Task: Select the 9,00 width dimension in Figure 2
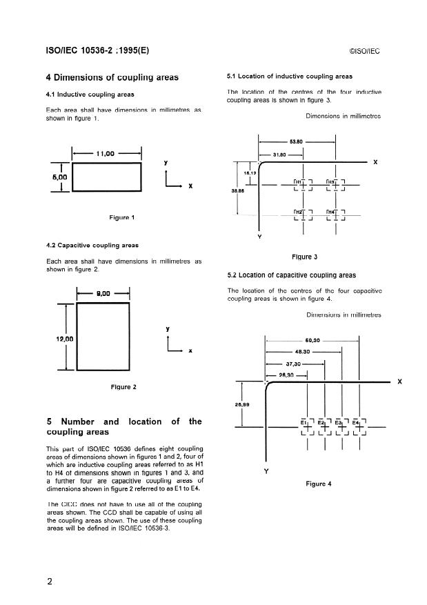coord(104,293)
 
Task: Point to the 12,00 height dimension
coord(64,339)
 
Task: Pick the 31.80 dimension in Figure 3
coord(281,155)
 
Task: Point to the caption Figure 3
coord(304,257)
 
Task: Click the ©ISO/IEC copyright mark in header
coord(365,51)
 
